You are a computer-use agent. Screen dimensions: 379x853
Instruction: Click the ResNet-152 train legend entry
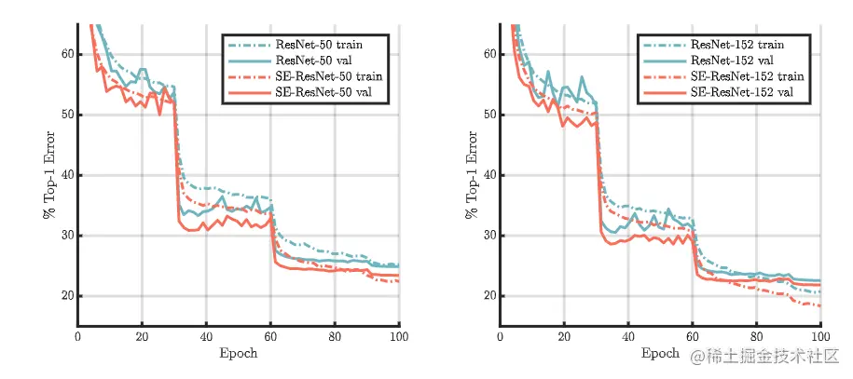737,44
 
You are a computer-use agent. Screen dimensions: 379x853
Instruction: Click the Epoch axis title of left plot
239,354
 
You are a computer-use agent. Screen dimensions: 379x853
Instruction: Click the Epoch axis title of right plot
660,354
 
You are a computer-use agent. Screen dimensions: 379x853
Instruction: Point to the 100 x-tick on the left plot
398,336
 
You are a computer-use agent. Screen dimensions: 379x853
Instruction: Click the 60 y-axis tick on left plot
66,54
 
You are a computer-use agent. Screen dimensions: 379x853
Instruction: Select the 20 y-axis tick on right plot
488,296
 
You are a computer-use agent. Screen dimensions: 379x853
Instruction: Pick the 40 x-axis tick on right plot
628,336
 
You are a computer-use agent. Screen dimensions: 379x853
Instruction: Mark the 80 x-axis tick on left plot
335,336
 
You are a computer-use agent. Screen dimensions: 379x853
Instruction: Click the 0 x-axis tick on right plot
501,336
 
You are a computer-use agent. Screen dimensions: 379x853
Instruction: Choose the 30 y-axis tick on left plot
66,236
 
